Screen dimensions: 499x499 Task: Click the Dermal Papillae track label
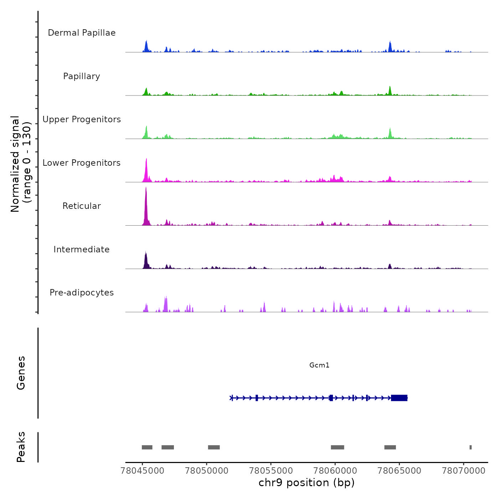click(82, 33)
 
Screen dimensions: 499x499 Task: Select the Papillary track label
click(82, 76)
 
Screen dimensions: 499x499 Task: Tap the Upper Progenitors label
click(82, 119)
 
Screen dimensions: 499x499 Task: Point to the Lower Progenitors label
click(82, 163)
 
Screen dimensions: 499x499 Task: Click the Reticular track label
click(82, 206)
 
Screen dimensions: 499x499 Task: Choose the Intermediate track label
click(82, 249)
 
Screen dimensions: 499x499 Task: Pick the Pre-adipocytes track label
click(82, 293)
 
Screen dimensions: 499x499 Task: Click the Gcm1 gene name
click(319, 365)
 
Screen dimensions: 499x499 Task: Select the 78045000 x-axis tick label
click(143, 471)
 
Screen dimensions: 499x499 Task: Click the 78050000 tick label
click(207, 471)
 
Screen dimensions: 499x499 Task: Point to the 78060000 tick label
click(335, 471)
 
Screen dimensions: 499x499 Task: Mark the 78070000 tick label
click(463, 471)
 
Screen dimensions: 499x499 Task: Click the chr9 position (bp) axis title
click(307, 483)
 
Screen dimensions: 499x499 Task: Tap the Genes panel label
click(21, 373)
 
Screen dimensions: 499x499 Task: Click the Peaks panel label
click(21, 447)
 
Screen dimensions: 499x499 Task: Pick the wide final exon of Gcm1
click(399, 398)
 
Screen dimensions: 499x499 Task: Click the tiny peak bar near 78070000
click(470, 447)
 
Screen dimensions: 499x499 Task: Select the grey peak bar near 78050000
click(214, 447)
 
